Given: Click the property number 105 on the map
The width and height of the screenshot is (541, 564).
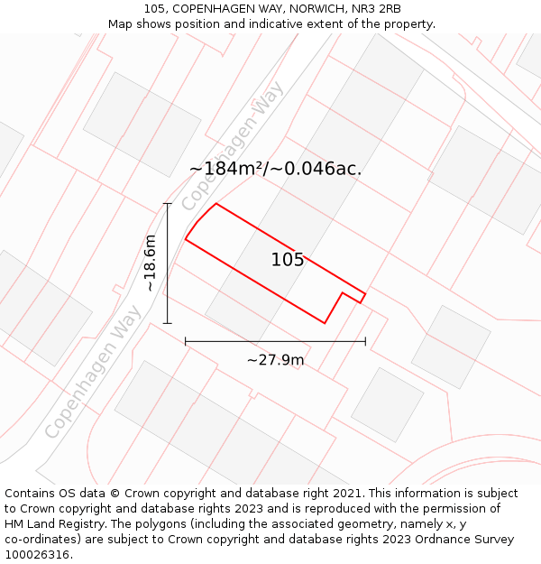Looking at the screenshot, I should (288, 260).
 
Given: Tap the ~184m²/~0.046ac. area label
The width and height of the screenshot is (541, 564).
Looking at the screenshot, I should (275, 169).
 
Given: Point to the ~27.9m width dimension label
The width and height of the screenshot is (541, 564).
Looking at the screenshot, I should (275, 360).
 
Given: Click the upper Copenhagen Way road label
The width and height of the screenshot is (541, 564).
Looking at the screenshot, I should (233, 145).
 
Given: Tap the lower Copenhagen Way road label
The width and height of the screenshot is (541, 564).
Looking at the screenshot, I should (93, 373).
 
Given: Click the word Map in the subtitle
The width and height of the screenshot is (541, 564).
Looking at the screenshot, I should (121, 24).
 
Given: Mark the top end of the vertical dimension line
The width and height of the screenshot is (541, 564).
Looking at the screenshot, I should (168, 204).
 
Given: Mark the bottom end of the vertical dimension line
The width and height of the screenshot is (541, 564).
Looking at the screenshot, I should (168, 322).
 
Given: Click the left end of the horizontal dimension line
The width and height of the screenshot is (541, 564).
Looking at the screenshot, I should (186, 341).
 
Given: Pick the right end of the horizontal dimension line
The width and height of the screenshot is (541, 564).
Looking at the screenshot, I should (365, 341).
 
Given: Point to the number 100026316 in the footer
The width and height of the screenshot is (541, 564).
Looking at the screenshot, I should (38, 555).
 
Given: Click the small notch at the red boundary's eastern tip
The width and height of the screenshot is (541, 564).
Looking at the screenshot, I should (362, 297).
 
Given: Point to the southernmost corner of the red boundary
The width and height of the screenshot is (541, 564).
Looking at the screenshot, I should (325, 322).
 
